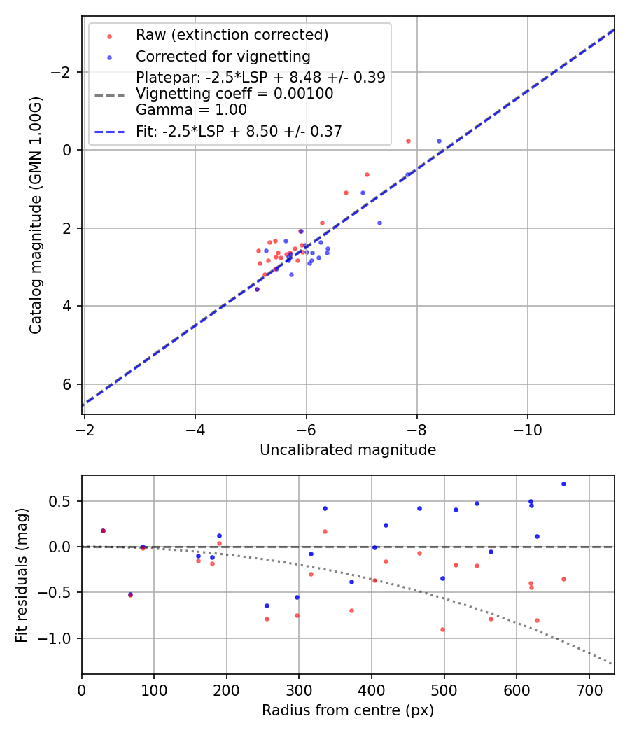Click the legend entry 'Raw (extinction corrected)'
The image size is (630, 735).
click(x=232, y=35)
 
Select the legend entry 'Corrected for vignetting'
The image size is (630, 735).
click(x=223, y=56)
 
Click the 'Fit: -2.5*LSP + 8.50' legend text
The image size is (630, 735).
click(x=239, y=132)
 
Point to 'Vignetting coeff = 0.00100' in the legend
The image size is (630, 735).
click(x=234, y=94)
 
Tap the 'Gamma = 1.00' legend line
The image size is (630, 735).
click(x=191, y=110)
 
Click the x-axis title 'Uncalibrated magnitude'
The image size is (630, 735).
click(x=348, y=450)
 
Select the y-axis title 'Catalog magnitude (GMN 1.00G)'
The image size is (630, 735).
click(x=36, y=215)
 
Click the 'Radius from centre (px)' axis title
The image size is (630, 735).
click(x=348, y=710)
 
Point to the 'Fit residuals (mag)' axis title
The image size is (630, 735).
click(x=22, y=575)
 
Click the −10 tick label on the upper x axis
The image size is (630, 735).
click(x=528, y=428)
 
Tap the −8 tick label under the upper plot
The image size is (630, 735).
click(x=416, y=428)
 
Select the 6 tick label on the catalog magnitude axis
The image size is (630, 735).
click(x=68, y=384)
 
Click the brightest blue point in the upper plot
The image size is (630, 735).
click(x=440, y=141)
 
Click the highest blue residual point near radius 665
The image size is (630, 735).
click(x=563, y=484)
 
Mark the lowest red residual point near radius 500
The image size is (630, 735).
click(x=442, y=629)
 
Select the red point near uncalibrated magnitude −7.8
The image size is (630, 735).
click(x=408, y=141)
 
